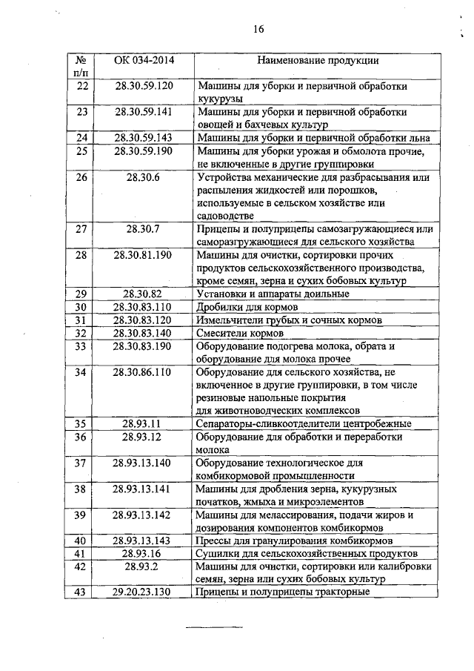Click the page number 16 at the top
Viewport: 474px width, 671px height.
point(258,29)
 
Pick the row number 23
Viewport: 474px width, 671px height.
point(82,112)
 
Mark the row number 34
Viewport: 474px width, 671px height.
point(82,371)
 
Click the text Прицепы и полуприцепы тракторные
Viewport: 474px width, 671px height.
point(282,592)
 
